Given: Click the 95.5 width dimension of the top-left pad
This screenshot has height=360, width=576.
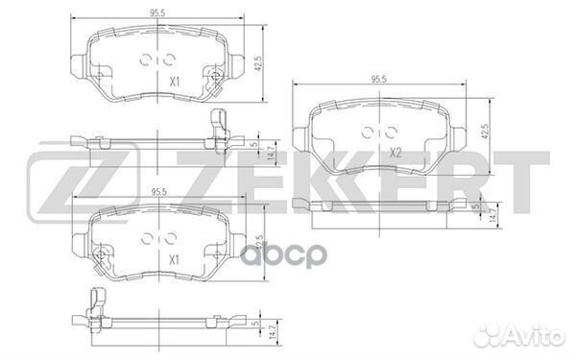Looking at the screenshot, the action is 156,12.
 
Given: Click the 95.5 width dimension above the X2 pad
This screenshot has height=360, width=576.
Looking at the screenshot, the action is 379,80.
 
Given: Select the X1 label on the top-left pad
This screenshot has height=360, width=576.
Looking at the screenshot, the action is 175,82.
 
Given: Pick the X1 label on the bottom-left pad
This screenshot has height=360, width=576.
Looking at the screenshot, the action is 174,260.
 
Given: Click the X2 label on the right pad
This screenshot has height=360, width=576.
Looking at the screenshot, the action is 396,153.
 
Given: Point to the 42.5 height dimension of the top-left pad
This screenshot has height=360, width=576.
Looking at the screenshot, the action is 258,63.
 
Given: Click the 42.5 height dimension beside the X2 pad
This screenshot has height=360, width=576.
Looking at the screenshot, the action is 485,132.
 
